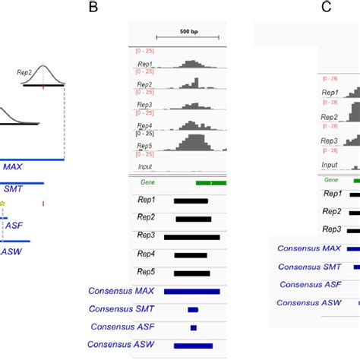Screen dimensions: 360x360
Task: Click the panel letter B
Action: (93, 8)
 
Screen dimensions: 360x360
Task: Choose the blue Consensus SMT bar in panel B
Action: (193, 309)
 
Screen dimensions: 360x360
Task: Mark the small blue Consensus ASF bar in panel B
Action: (194, 327)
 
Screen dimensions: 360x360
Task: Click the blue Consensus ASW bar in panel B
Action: (193, 345)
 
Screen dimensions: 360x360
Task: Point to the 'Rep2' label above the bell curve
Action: (27, 72)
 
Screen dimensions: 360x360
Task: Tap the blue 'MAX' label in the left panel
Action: (13, 166)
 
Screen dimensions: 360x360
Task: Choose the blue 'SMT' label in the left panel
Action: (13, 189)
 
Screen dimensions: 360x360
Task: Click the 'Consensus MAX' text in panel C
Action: (308, 248)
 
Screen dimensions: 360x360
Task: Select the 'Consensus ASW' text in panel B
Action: (118, 344)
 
